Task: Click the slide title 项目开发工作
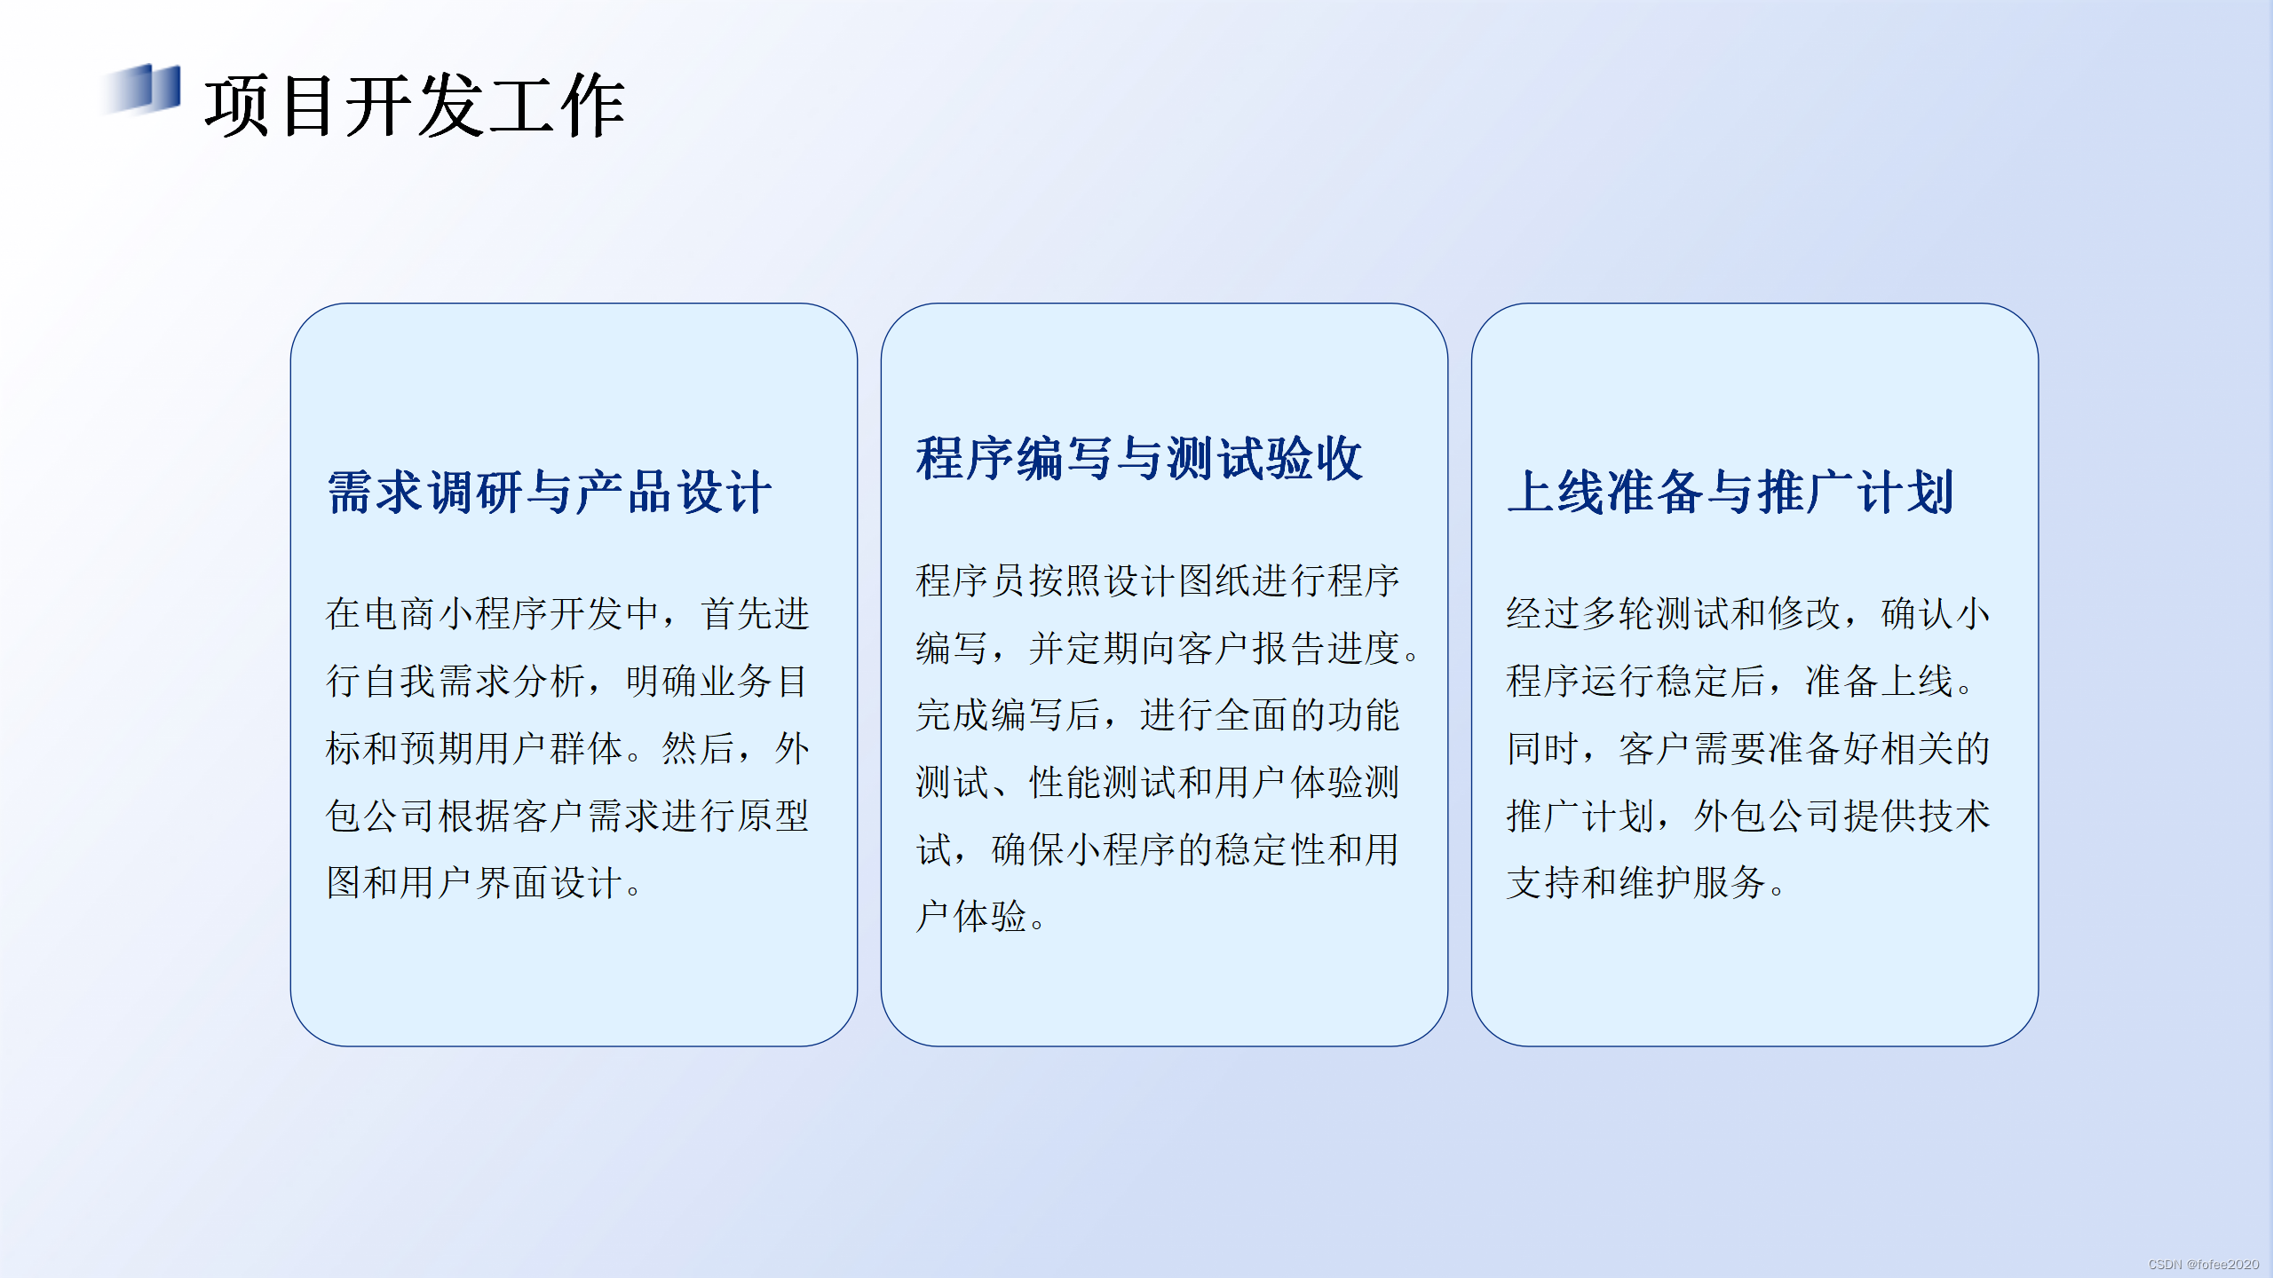[x=415, y=106]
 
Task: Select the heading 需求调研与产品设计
[x=550, y=493]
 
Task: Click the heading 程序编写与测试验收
[x=1139, y=460]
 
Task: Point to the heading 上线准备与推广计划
[x=1730, y=493]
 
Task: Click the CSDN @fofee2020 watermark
[x=2203, y=1264]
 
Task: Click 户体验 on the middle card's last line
[x=970, y=917]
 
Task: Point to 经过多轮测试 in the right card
[x=1617, y=614]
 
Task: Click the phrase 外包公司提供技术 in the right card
[x=1841, y=816]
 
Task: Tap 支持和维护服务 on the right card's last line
[x=1635, y=883]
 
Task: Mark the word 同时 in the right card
[x=1542, y=749]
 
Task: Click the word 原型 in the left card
[x=772, y=816]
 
